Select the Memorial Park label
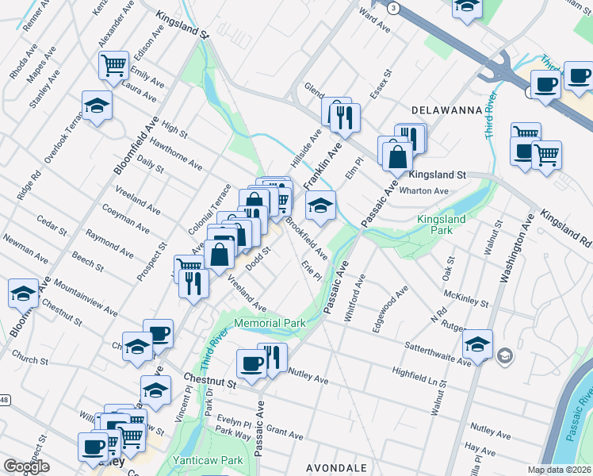[270, 324]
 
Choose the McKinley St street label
[465, 299]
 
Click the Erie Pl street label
[311, 272]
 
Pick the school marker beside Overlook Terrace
[97, 106]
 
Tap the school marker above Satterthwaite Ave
[477, 344]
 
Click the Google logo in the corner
[27, 466]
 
